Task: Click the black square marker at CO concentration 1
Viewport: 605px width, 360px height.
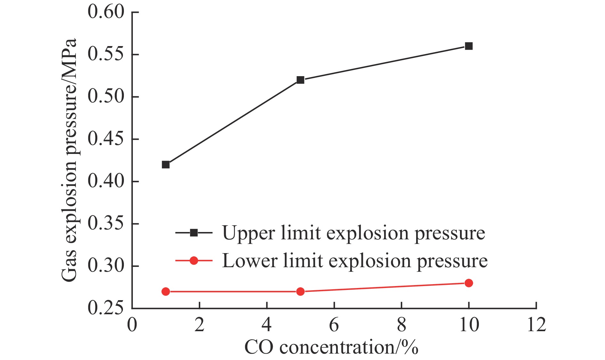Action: [x=165, y=165]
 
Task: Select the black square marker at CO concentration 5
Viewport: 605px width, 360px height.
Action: [x=300, y=80]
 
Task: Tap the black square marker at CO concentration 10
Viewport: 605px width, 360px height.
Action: [x=469, y=46]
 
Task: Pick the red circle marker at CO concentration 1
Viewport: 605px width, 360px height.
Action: [x=165, y=292]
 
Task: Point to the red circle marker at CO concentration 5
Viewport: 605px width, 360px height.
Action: [x=300, y=292]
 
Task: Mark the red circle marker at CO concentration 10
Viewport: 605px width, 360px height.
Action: [x=469, y=283]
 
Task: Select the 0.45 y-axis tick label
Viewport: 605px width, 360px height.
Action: [x=106, y=139]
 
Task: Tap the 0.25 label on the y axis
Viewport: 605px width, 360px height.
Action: [x=106, y=308]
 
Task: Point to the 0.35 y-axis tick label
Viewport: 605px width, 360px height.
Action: [x=106, y=224]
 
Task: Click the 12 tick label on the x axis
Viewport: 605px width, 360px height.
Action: [x=536, y=325]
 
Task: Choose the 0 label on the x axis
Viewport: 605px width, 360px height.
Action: [x=132, y=325]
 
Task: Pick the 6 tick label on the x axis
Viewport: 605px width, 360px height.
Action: [x=334, y=325]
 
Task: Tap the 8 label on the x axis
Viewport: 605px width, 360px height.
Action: [x=401, y=325]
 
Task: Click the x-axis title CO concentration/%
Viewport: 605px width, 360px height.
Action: [x=331, y=348]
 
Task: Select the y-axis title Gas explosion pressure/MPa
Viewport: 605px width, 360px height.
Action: [x=69, y=160]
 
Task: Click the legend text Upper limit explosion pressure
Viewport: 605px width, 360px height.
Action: [x=354, y=233]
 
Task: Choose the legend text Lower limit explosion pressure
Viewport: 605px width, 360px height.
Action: [x=355, y=261]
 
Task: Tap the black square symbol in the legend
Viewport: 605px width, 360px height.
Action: [x=194, y=233]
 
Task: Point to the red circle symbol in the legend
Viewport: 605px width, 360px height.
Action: [x=194, y=261]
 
